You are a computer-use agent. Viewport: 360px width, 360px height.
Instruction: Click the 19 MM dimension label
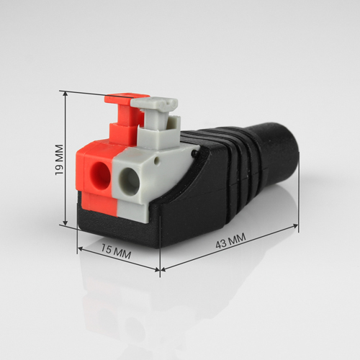(59, 160)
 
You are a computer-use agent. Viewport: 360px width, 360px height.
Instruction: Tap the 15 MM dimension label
(116, 251)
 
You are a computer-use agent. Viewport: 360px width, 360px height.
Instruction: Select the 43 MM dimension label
(230, 240)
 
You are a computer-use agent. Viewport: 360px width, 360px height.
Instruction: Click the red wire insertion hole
(100, 175)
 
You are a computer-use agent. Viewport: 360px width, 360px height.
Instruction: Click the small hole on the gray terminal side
(157, 161)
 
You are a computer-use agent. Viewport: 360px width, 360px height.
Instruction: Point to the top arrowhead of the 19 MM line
(65, 94)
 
